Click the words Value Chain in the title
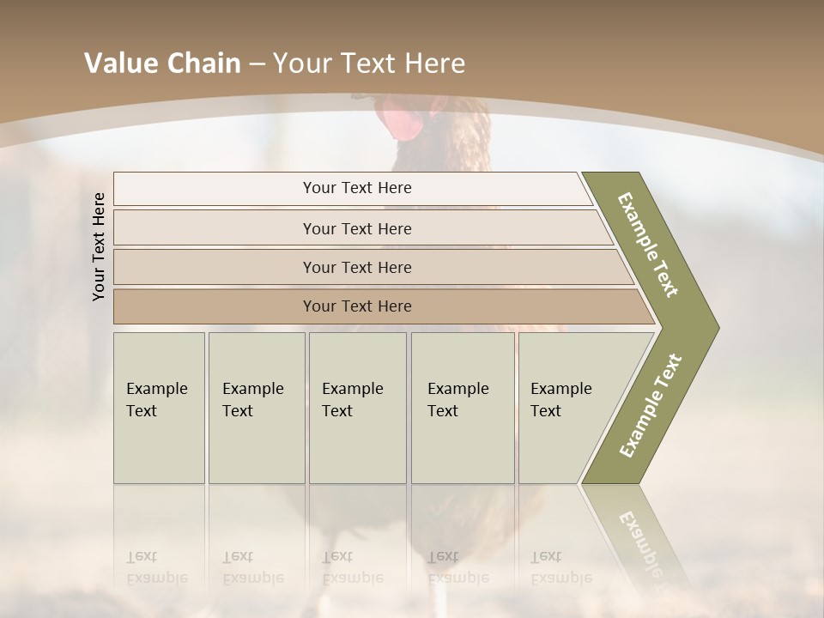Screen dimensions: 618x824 pos(162,64)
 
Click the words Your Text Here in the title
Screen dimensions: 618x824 pos(369,64)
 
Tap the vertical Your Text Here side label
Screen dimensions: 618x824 pos(99,246)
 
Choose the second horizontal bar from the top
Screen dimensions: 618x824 pos(356,228)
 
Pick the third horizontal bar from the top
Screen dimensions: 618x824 pos(356,267)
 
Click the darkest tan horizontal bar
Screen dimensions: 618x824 pos(356,306)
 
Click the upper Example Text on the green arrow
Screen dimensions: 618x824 pos(649,244)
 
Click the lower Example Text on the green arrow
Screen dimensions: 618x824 pos(650,406)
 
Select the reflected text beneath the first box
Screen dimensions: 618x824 pos(156,567)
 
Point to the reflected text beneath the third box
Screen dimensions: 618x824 pos(352,567)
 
